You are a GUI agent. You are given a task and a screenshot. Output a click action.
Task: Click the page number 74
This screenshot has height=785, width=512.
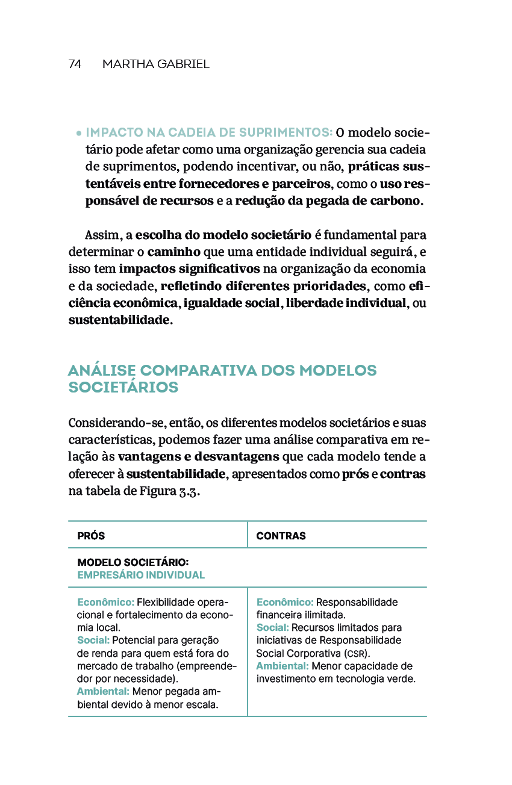click(75, 64)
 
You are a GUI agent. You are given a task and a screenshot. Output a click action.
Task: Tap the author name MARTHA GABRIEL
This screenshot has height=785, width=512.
click(155, 64)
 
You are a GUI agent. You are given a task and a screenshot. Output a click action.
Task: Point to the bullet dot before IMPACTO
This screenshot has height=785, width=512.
click(79, 133)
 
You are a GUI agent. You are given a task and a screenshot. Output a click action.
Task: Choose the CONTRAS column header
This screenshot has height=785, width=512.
click(281, 536)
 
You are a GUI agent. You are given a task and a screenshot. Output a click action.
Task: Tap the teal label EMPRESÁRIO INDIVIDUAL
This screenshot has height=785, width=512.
click(141, 575)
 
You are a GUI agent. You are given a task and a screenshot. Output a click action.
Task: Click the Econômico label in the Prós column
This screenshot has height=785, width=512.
click(105, 603)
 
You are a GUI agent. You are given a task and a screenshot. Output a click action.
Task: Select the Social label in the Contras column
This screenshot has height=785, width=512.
click(272, 628)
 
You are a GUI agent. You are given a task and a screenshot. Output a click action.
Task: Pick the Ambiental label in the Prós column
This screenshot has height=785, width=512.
click(103, 692)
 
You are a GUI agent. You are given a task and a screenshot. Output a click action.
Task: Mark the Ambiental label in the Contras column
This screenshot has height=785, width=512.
click(283, 666)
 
